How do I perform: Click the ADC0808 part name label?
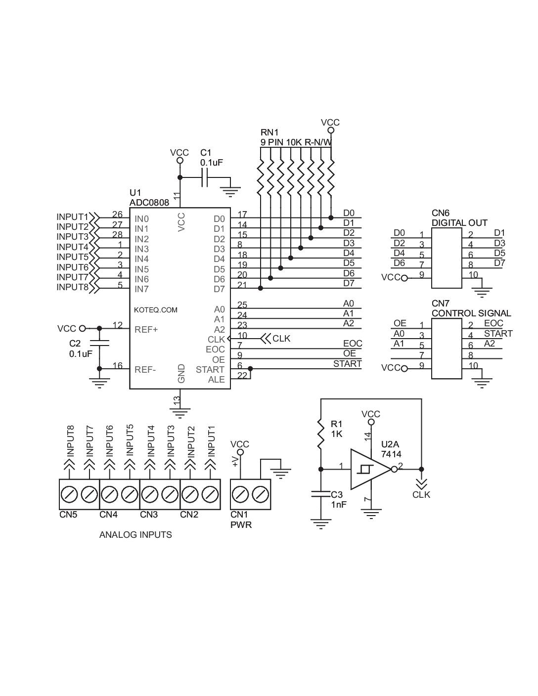149,202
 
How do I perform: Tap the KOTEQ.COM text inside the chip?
155,310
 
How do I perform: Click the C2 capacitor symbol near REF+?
99,343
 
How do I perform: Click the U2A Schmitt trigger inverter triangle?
369,469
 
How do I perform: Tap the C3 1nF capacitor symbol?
321,493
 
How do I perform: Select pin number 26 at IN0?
117,215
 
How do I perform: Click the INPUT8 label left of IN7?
72,287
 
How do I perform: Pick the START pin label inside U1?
210,370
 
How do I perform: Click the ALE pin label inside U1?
216,380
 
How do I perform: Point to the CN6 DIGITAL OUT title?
459,218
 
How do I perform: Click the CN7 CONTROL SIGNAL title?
471,308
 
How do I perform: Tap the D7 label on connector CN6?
499,263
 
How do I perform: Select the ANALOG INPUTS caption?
135,535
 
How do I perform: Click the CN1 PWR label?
241,520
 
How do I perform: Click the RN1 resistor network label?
269,132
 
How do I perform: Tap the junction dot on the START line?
250,369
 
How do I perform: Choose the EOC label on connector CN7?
493,323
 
